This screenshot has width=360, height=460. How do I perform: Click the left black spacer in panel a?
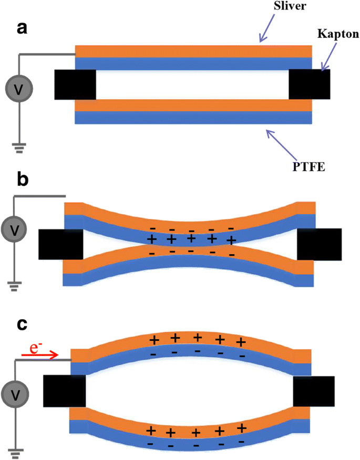75,84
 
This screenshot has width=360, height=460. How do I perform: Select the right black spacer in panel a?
310,84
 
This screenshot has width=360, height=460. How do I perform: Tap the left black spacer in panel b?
61,244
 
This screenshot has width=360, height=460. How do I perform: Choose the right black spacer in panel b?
319,244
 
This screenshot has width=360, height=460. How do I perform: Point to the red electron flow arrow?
40,355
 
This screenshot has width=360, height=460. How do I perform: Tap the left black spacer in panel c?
64,391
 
